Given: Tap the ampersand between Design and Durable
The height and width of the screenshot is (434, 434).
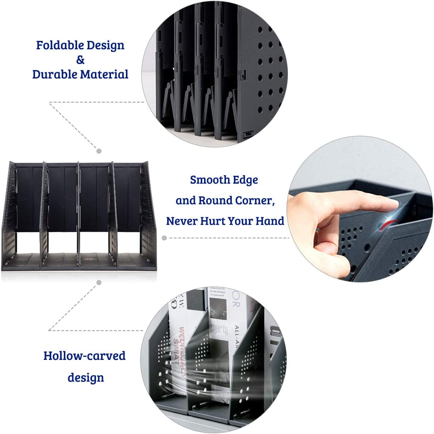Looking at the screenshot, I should (80, 60).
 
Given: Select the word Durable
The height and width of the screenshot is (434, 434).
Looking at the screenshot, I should (54, 74).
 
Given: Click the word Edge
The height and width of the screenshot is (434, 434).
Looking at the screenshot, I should (246, 180).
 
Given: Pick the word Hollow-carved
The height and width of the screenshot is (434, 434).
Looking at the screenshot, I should (84, 356).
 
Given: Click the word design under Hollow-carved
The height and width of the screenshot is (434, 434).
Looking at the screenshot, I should (86, 377).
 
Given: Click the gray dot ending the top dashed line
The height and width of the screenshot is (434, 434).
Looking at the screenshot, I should (99, 151).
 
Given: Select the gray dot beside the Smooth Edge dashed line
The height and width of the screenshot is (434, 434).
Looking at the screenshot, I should (164, 238).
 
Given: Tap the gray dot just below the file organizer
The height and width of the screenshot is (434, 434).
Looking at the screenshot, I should (99, 282).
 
